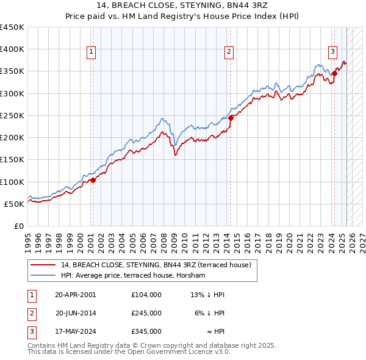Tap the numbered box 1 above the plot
point(91,52)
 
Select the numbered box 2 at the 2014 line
point(229,52)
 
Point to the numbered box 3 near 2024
point(333,52)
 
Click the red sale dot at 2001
point(93,180)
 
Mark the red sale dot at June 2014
point(231,118)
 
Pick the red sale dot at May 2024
point(335,74)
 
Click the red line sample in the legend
point(43,265)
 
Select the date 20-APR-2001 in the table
point(75,294)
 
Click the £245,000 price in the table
point(146,313)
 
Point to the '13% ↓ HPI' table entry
point(207,294)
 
